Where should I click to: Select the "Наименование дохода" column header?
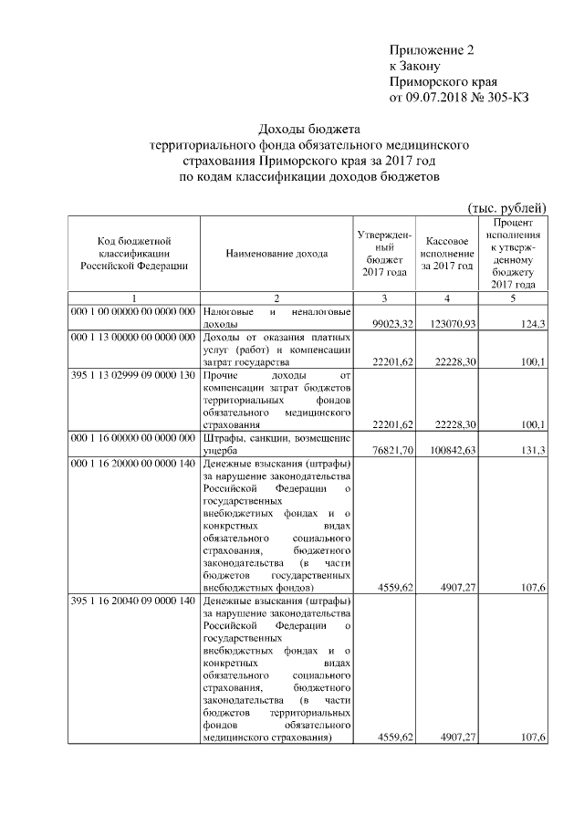pos(276,253)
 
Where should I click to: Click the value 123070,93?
pos(450,324)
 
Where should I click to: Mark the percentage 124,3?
pos(533,324)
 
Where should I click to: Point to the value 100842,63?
pos(450,449)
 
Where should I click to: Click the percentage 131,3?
pos(533,449)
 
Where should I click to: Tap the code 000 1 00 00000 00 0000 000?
pos(134,311)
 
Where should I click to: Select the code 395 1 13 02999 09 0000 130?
pos(134,374)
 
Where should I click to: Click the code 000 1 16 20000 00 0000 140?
pos(134,462)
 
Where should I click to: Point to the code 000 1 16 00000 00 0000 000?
pos(134,436)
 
